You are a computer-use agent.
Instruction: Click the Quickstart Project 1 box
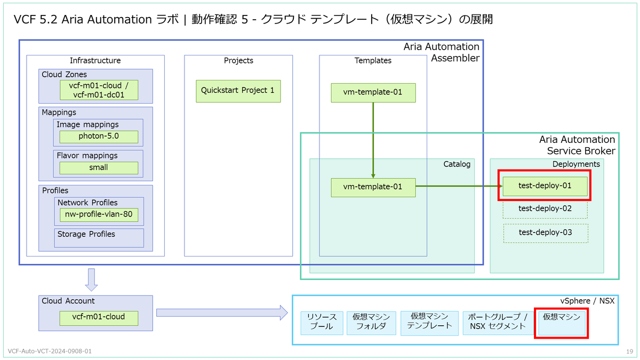tap(238, 91)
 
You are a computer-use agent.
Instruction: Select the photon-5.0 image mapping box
tap(99, 137)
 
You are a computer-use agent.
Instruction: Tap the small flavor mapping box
tap(99, 167)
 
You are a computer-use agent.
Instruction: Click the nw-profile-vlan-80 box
tap(99, 214)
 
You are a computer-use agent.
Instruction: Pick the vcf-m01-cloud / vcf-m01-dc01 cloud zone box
tap(99, 90)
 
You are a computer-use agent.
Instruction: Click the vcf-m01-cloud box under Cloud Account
tap(99, 318)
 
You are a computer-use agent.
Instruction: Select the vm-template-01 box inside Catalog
tap(373, 188)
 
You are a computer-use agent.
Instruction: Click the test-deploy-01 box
tap(545, 186)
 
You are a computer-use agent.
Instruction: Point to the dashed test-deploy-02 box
tap(545, 210)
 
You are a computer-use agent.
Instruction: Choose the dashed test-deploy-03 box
tap(546, 233)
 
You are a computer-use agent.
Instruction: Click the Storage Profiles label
tap(86, 234)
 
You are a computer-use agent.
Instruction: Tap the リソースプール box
tap(322, 323)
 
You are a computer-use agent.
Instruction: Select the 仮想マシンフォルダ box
tap(371, 323)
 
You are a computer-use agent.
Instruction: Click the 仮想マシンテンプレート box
tap(429, 323)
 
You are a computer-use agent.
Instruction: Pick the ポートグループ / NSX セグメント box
tap(498, 323)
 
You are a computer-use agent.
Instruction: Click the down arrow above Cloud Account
tap(91, 279)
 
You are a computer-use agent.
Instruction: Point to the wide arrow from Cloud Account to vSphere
tap(222, 313)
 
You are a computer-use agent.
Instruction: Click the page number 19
tap(630, 351)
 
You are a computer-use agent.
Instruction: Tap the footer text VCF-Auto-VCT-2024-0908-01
tap(50, 351)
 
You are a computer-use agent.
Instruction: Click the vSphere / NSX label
tap(587, 301)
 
